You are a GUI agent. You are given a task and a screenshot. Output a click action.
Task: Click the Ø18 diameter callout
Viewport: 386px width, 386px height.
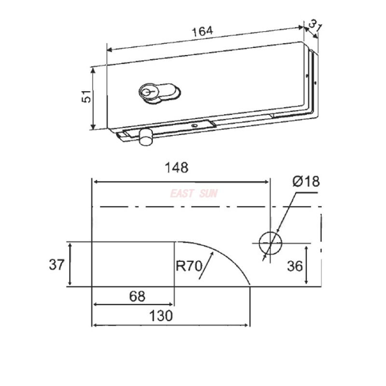tap(305, 182)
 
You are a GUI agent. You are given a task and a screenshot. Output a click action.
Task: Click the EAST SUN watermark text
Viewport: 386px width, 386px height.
tap(193, 194)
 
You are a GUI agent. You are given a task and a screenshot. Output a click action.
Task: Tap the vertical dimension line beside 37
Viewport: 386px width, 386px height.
tap(71, 265)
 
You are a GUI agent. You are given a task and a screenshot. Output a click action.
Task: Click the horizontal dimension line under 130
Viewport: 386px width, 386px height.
tap(171, 325)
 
